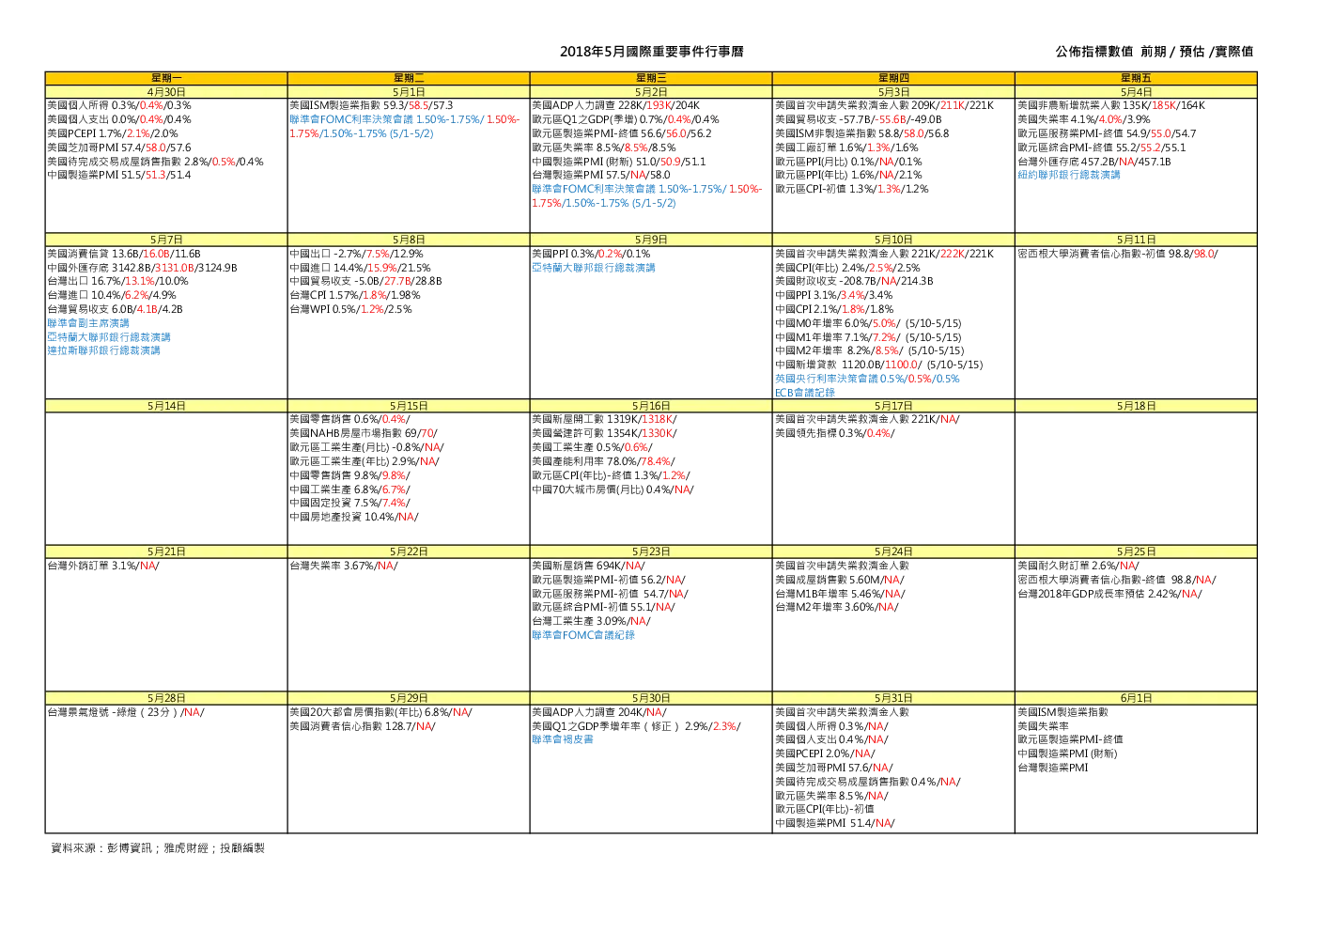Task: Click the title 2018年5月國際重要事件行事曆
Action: point(651,52)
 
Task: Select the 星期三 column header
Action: point(651,78)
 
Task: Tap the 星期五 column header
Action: point(1136,78)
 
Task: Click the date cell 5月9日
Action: point(651,241)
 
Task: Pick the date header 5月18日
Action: point(1136,406)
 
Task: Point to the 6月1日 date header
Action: point(1136,698)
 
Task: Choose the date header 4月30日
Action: point(166,92)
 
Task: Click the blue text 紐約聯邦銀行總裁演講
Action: point(1068,176)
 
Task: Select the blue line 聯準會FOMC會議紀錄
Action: point(583,635)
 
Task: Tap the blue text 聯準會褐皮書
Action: point(563,739)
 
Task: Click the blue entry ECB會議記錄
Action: point(804,393)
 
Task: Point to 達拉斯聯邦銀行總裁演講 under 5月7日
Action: point(103,350)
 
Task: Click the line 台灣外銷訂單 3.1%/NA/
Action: point(103,566)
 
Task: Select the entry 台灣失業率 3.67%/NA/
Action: point(344,566)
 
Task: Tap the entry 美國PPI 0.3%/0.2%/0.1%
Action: point(591,255)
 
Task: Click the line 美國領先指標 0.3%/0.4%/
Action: point(834,434)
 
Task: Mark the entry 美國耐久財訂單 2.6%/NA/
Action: point(1078,566)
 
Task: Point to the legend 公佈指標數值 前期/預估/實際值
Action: point(1154,52)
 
